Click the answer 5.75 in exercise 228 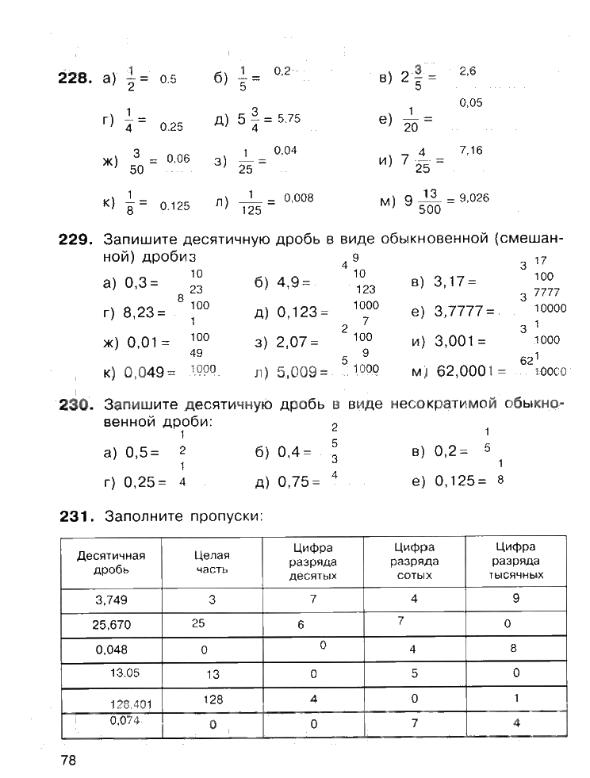click(x=289, y=119)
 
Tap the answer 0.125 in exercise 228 click(x=174, y=206)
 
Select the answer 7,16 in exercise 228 click(x=470, y=150)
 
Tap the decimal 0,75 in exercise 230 click(x=293, y=481)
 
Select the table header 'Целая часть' click(x=212, y=562)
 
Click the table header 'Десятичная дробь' click(x=111, y=562)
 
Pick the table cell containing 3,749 click(x=111, y=600)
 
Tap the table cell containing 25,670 click(x=111, y=624)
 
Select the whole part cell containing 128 click(x=213, y=699)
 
